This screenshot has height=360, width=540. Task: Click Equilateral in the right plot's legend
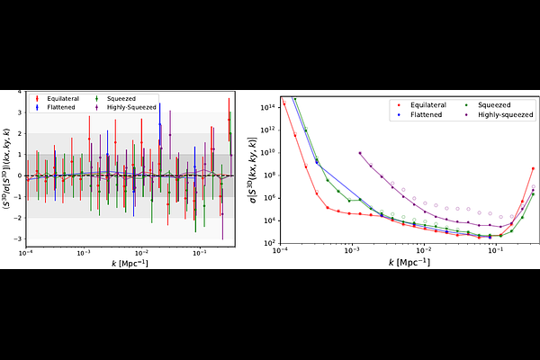[x=421, y=106]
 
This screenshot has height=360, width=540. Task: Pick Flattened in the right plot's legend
[x=418, y=115]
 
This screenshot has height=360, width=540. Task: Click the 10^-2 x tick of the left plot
[x=141, y=253]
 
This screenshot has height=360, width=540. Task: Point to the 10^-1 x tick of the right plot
[x=494, y=253]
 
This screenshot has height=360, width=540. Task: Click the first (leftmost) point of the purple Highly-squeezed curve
[x=361, y=154]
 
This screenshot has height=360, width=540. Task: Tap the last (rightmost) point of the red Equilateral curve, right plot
[x=534, y=168]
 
